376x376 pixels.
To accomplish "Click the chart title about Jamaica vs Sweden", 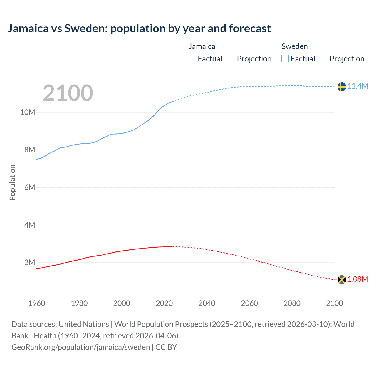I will [x=139, y=28].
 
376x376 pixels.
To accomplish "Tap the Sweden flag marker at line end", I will [x=341, y=87].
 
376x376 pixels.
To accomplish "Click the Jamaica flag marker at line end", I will [x=341, y=280].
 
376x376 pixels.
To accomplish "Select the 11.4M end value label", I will [x=358, y=86].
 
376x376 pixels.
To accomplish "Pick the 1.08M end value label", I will [x=358, y=279].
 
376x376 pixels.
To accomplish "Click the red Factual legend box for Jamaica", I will [x=192, y=58].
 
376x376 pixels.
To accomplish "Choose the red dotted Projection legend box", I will [x=231, y=58].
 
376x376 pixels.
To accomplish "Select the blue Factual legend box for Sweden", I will [x=285, y=58].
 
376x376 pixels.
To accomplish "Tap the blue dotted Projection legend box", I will [x=324, y=58].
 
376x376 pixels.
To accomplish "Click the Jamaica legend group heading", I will [x=202, y=46].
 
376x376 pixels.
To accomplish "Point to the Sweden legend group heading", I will [x=294, y=46].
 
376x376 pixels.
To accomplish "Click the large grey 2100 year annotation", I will [x=68, y=93].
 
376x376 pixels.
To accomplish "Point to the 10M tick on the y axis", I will [x=28, y=112].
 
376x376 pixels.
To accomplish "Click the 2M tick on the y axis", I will [x=30, y=262].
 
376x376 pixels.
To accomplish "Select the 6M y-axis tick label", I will [x=30, y=187].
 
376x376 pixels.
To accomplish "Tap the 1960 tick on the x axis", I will [x=37, y=303].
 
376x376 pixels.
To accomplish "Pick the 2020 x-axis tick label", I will [x=164, y=303].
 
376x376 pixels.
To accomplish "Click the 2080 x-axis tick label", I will [x=292, y=303].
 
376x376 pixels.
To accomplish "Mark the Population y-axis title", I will [x=12, y=182].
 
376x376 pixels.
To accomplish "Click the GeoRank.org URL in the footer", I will [x=80, y=347].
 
